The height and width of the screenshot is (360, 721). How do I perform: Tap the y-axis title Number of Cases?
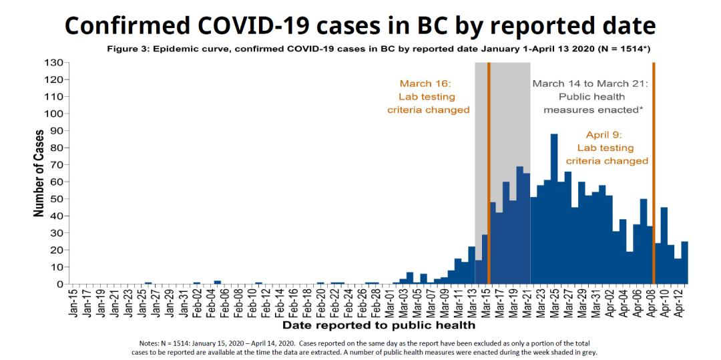[x=39, y=173]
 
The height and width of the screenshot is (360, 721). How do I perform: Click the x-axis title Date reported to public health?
[x=379, y=325]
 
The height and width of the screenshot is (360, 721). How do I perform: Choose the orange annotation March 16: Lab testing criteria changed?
[x=428, y=96]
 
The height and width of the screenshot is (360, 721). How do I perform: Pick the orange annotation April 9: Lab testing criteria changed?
[x=607, y=148]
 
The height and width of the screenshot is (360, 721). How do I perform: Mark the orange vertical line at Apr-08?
[x=654, y=173]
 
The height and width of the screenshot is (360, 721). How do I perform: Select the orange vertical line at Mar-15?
[x=489, y=173]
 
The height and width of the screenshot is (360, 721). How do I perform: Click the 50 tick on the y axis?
[x=57, y=198]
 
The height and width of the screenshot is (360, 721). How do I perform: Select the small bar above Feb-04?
[x=218, y=283]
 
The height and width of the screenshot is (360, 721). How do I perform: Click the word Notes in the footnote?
[x=148, y=341]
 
